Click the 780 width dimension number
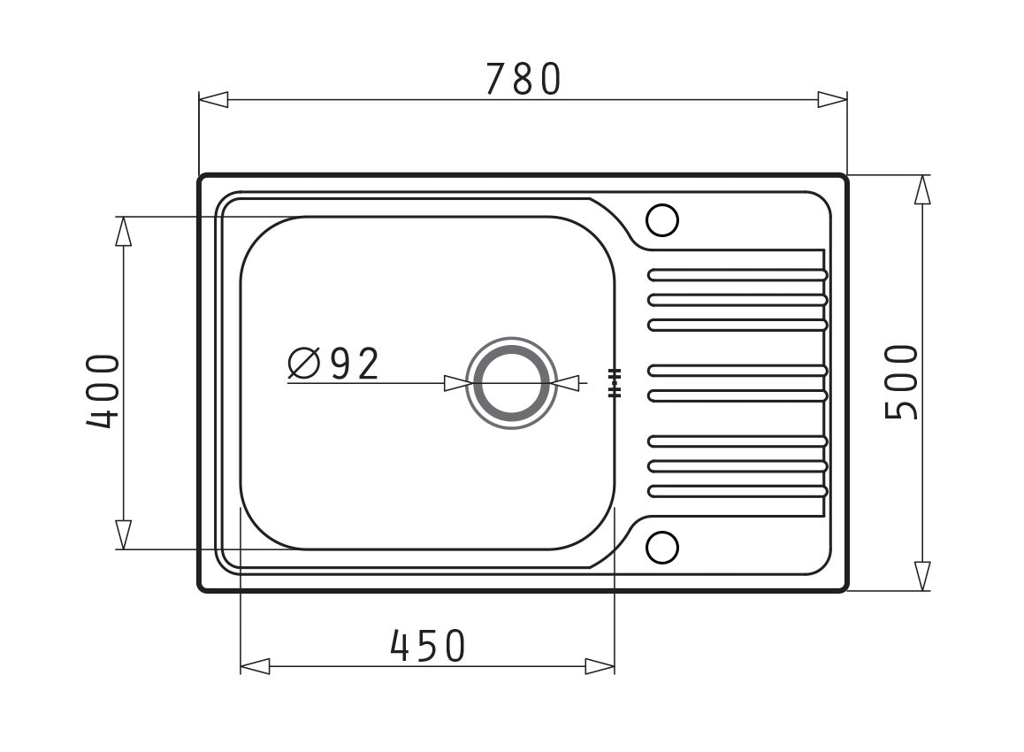tap(523, 79)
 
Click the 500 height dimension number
tap(901, 381)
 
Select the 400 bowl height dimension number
tap(103, 391)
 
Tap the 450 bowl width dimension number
tap(428, 646)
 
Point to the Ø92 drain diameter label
tap(333, 364)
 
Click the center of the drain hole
tap(511, 383)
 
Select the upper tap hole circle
tap(662, 219)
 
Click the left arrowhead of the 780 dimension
tap(213, 100)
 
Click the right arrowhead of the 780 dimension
tap(833, 100)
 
